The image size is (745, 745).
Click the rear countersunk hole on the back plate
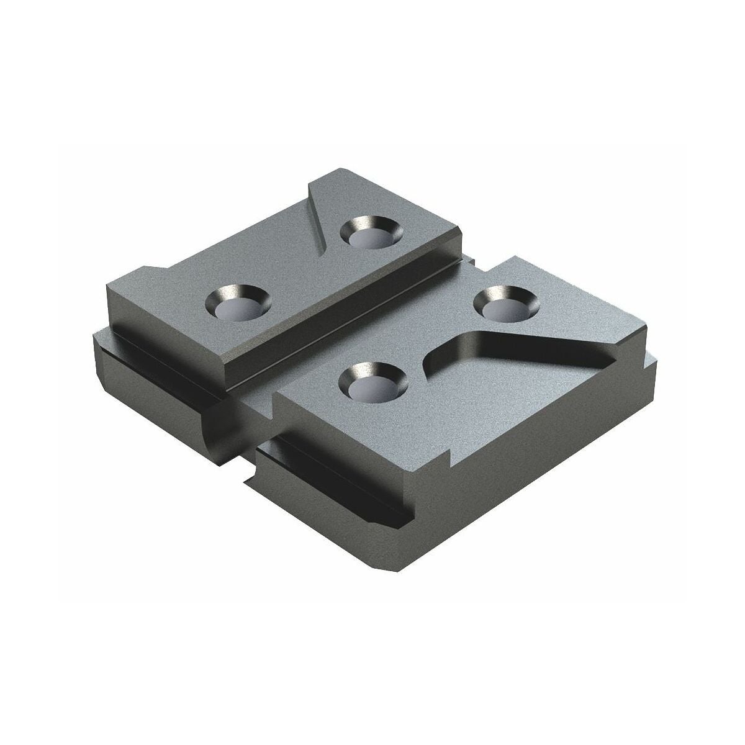point(371,232)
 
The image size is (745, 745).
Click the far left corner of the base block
point(94,338)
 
